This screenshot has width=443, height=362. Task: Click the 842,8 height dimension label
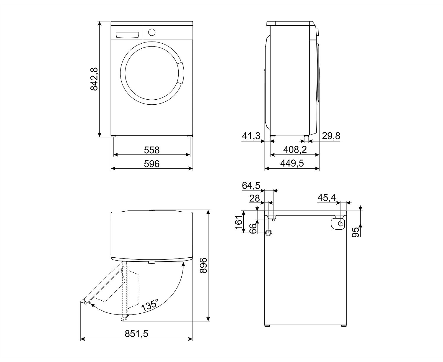tap(94, 79)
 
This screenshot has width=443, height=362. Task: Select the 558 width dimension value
tap(152, 150)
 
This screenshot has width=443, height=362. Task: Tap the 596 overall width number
tap(152, 164)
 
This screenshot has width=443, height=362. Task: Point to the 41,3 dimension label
tap(251, 136)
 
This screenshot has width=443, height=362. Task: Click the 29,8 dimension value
tap(331, 136)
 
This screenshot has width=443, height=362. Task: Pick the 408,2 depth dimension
tap(295, 150)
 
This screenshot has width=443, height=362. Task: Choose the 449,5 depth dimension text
tap(292, 163)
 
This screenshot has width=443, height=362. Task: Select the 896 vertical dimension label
tap(203, 265)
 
